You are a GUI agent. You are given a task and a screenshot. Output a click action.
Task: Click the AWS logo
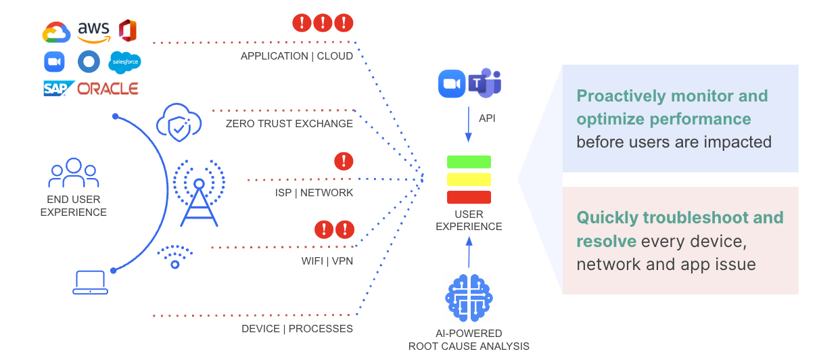tap(93, 31)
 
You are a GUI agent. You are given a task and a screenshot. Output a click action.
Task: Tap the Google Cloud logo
tap(57, 32)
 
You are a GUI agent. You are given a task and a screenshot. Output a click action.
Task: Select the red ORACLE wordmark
tap(108, 89)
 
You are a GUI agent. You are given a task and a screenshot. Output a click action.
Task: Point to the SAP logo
tap(58, 89)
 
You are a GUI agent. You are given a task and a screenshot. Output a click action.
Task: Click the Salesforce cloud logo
tap(125, 62)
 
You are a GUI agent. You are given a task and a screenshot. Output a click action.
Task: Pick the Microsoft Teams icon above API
tap(486, 83)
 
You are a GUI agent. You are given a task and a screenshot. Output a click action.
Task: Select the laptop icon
tap(90, 282)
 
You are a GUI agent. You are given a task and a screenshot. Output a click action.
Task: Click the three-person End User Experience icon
tap(74, 174)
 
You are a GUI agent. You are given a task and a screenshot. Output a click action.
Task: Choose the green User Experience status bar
tap(469, 162)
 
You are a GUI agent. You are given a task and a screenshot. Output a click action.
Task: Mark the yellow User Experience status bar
tap(469, 179)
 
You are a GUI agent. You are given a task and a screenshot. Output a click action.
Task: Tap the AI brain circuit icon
tap(469, 298)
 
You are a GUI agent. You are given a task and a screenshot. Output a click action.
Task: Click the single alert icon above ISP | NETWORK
tap(344, 161)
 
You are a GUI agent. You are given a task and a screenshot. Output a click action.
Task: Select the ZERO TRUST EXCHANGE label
tap(289, 124)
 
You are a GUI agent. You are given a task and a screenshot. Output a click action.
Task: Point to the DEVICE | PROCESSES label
tap(297, 329)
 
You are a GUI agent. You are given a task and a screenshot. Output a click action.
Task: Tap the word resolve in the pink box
tap(606, 242)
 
